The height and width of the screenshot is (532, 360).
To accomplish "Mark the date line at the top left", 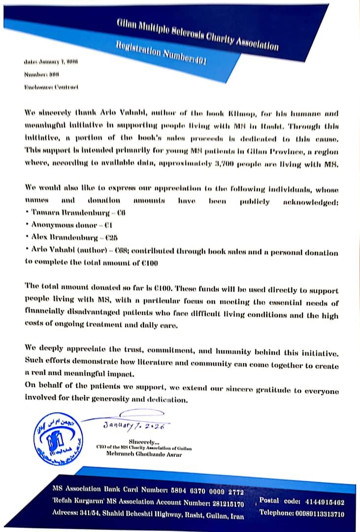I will click(51, 62).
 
